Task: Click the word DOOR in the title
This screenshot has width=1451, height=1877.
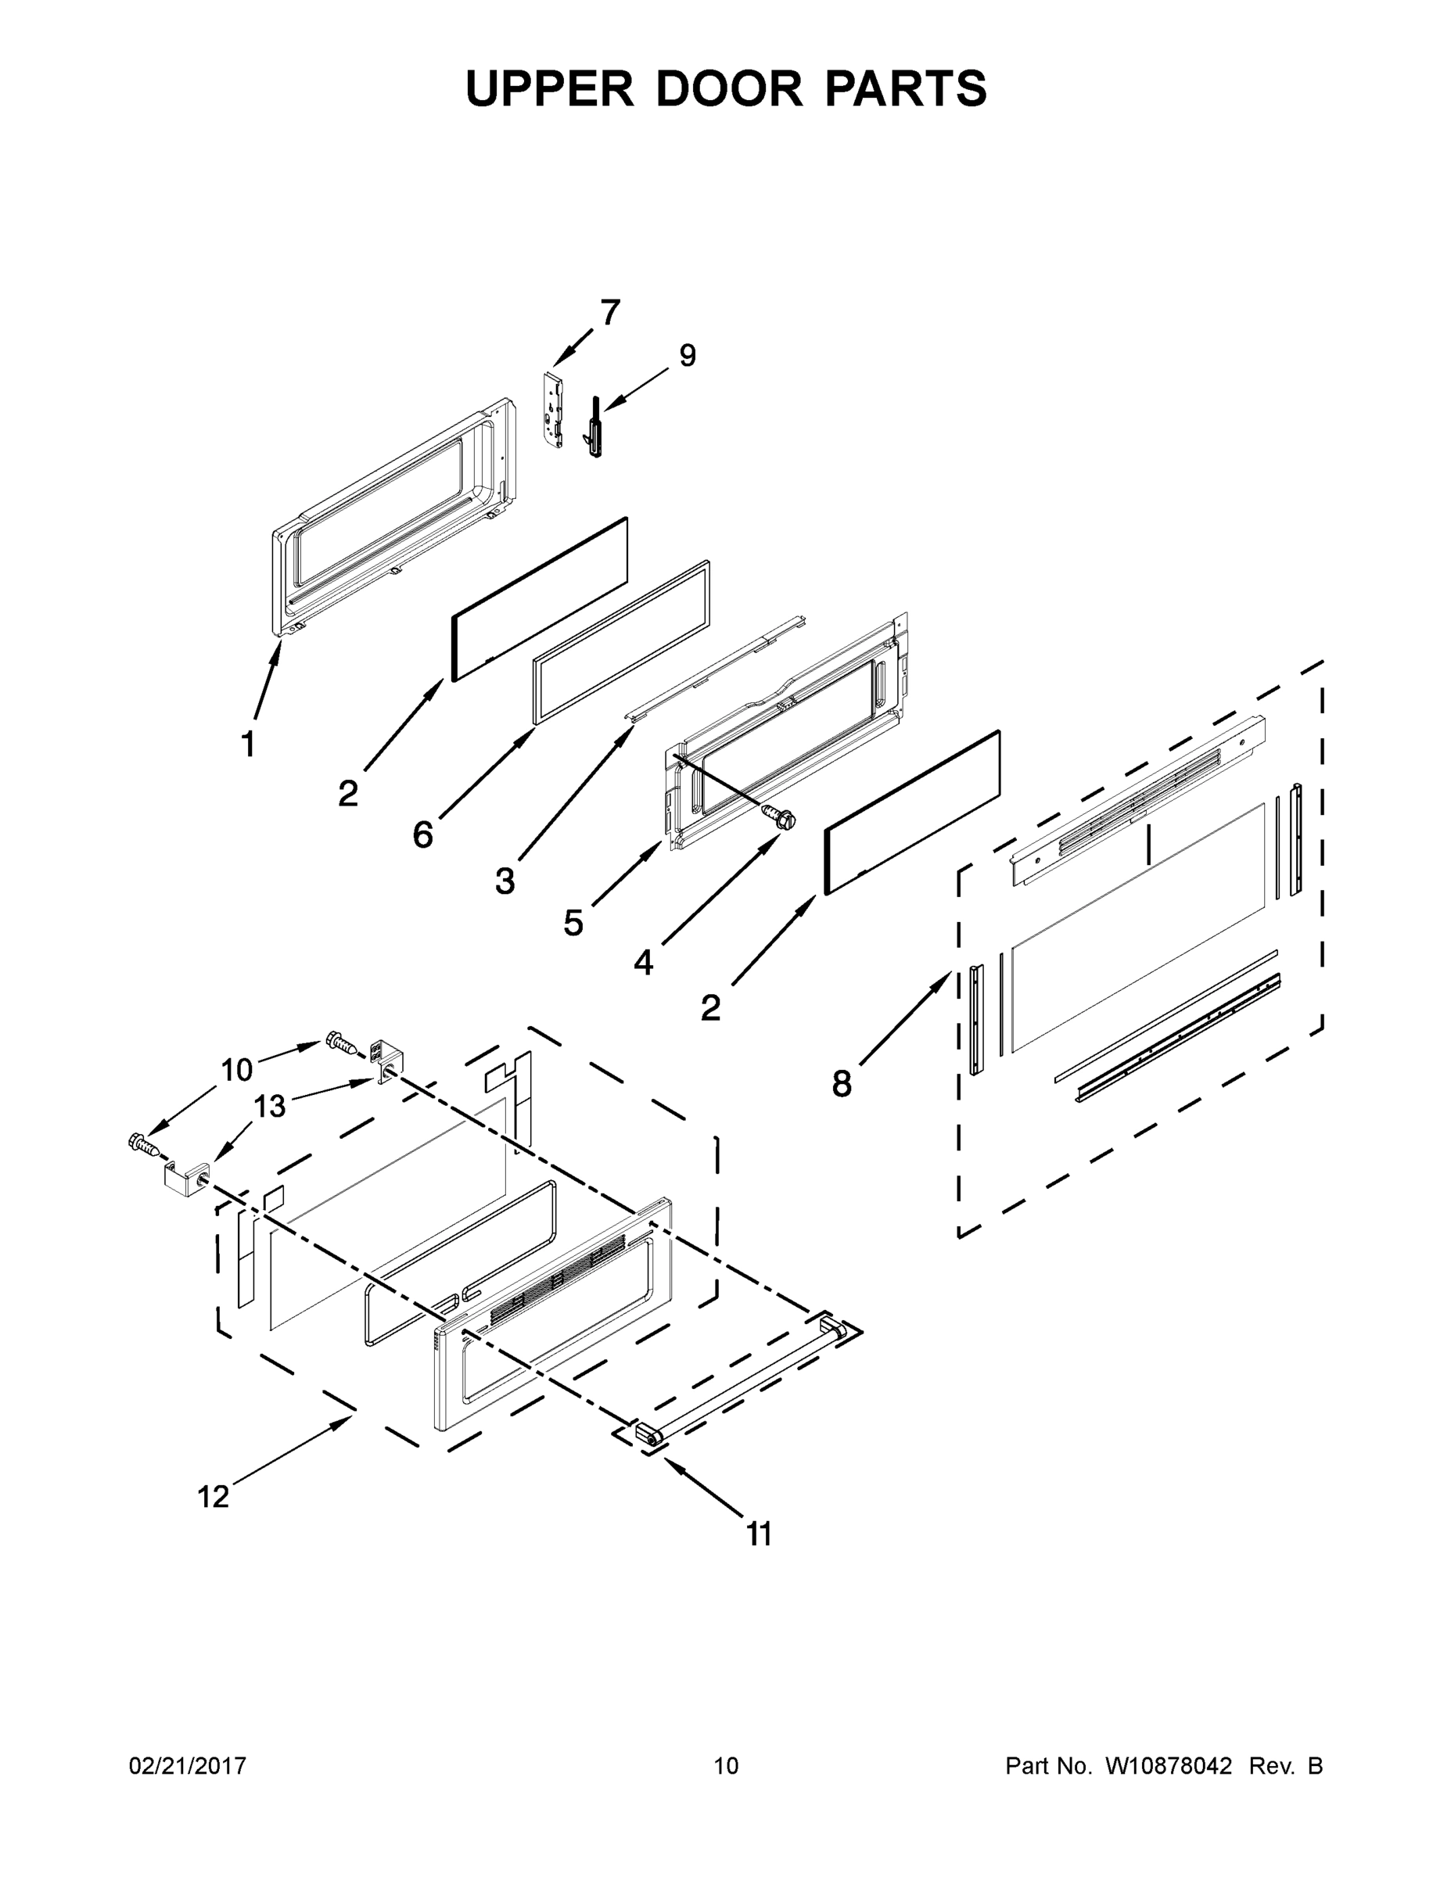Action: [729, 88]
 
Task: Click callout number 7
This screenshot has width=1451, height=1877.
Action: [610, 313]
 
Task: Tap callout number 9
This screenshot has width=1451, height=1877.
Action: [688, 355]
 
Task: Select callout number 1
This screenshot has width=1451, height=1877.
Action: [247, 745]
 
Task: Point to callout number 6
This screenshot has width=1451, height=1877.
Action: [423, 834]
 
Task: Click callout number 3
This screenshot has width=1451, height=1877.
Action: [505, 881]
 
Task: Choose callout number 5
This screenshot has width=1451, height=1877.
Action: [573, 923]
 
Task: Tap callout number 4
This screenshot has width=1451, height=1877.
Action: [643, 964]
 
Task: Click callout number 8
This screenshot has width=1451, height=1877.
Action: [842, 1085]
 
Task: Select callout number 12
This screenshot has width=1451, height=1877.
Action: [214, 1496]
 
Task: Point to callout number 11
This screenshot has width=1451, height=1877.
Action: [759, 1534]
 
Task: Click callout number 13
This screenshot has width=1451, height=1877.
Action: [269, 1106]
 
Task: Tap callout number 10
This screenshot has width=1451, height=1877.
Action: [236, 1070]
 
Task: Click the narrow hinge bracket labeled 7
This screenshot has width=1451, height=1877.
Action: [555, 409]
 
